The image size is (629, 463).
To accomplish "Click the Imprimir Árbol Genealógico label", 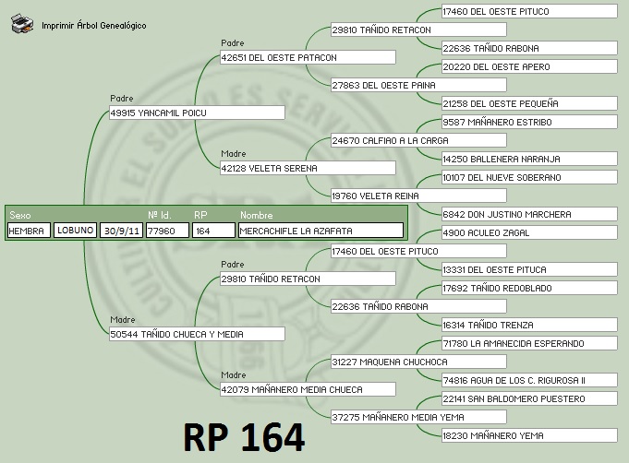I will pyautogui.click(x=94, y=26).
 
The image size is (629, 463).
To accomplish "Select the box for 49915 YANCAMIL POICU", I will pyautogui.click(x=196, y=113).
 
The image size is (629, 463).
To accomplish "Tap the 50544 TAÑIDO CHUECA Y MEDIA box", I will pyautogui.click(x=196, y=334).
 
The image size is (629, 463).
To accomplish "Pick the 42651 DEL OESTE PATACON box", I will pyautogui.click(x=308, y=57).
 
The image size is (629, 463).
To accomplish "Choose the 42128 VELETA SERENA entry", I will pyautogui.click(x=308, y=168).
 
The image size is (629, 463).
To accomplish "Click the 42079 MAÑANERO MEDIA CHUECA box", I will pyautogui.click(x=308, y=389).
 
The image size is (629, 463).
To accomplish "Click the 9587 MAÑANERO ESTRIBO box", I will pyautogui.click(x=529, y=122).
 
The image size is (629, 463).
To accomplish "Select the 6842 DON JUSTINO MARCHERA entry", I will pyautogui.click(x=529, y=214).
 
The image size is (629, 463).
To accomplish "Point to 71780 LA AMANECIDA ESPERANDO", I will pyautogui.click(x=529, y=343).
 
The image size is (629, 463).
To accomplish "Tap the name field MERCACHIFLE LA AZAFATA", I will pyautogui.click(x=320, y=231).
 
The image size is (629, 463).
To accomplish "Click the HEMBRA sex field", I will pyautogui.click(x=28, y=231).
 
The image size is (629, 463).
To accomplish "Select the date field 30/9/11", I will pyautogui.click(x=121, y=231).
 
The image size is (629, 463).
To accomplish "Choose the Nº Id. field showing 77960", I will pyautogui.click(x=166, y=231).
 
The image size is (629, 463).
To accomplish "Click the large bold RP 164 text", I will pyautogui.click(x=244, y=438).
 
